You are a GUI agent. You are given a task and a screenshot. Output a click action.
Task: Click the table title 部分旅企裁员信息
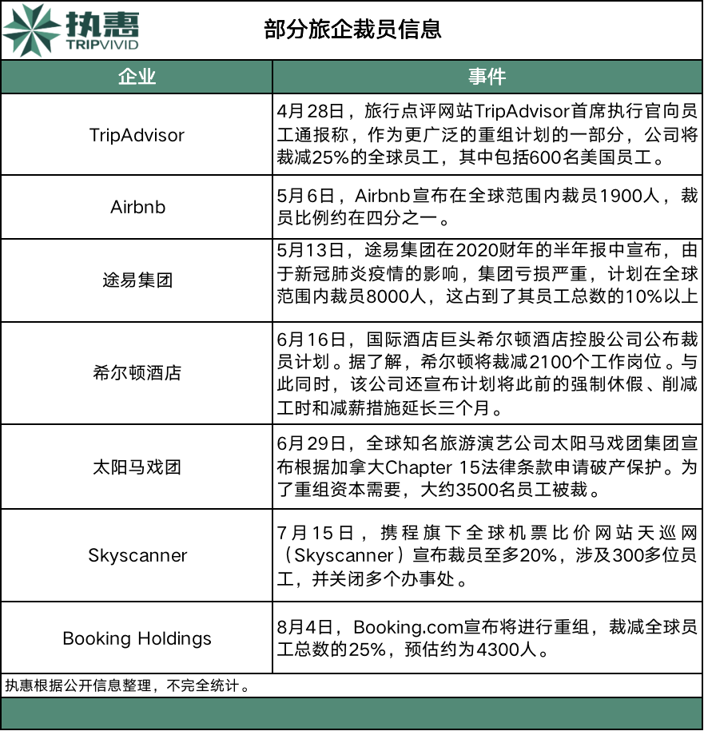tap(352, 30)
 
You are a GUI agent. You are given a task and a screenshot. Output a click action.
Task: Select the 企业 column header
tap(137, 77)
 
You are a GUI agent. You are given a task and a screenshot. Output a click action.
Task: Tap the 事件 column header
tap(487, 77)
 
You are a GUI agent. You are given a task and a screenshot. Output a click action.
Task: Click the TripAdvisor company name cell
tap(137, 134)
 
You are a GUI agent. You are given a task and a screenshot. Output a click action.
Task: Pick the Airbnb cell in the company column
tap(137, 206)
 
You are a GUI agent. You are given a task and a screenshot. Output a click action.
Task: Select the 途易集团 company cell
tap(137, 280)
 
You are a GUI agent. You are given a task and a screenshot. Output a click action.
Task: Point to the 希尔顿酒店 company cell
tap(137, 372)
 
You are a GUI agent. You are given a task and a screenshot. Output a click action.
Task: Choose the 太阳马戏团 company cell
tap(137, 467)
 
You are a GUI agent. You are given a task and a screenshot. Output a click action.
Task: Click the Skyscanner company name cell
tap(137, 554)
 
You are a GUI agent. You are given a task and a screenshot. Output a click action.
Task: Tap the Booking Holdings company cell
tap(137, 638)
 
